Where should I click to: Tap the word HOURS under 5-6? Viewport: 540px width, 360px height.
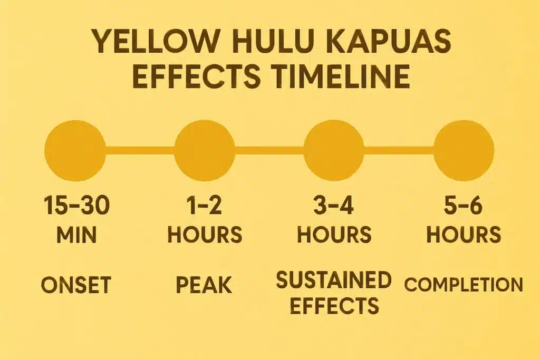pyautogui.click(x=464, y=235)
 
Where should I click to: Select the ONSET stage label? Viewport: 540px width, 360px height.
pyautogui.click(x=76, y=285)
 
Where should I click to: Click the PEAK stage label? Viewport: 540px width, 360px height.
pyautogui.click(x=204, y=285)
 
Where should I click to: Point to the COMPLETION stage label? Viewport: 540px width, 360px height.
pyautogui.click(x=464, y=285)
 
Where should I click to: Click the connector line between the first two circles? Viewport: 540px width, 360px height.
pyautogui.click(x=140, y=148)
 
